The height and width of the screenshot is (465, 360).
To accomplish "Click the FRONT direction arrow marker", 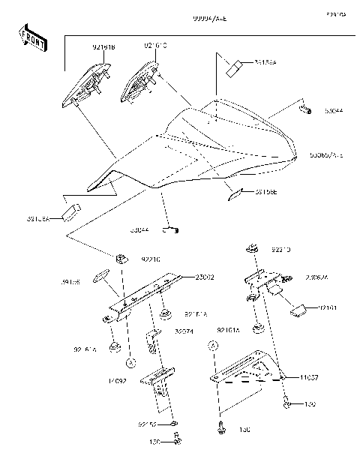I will [x=32, y=38].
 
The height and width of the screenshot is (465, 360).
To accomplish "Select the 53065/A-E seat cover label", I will [x=325, y=155].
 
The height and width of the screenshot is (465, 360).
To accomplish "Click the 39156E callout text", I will [x=265, y=192].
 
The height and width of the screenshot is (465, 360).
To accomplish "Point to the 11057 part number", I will [x=310, y=377].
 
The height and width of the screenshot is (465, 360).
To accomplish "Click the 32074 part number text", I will [x=184, y=331].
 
